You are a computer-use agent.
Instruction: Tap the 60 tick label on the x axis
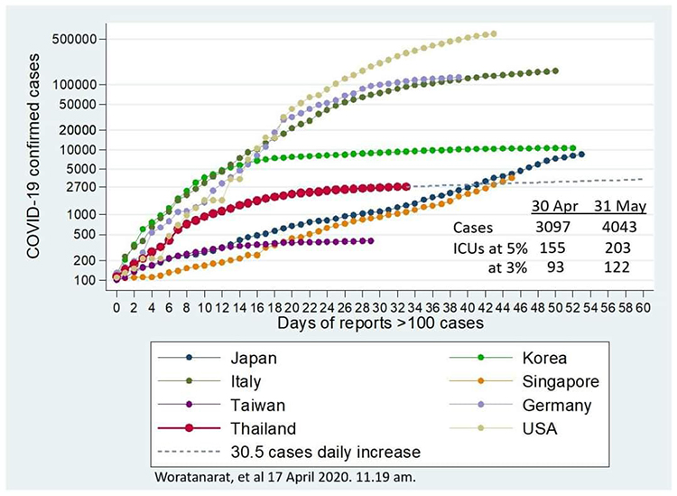(x=643, y=307)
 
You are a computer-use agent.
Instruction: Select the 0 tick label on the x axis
(x=116, y=307)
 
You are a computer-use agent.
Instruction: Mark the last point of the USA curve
(x=493, y=34)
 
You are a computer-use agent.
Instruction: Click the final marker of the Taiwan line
(x=371, y=240)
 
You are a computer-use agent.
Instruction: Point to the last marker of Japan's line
(x=581, y=154)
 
